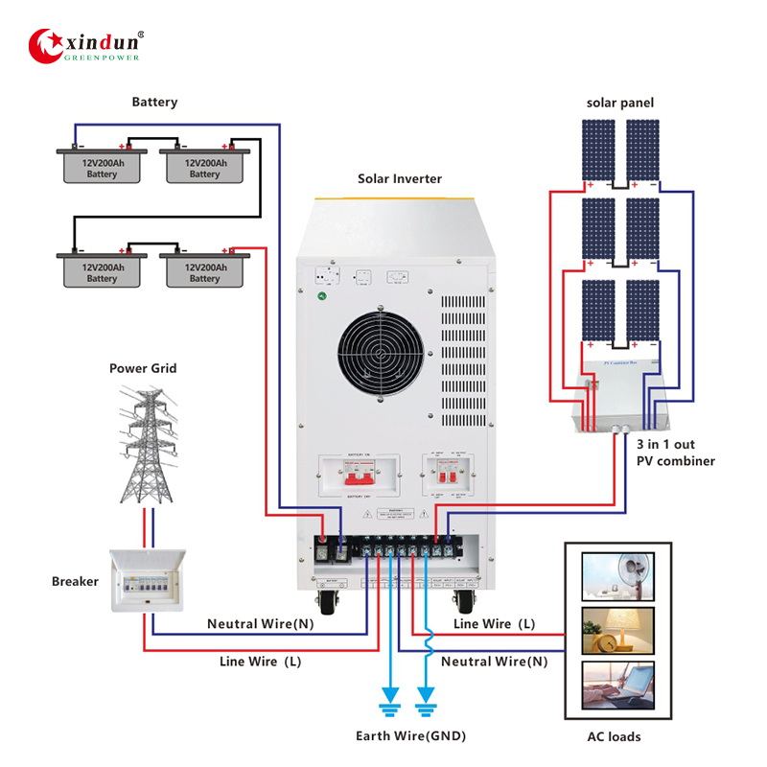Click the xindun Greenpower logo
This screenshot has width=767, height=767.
pyautogui.click(x=87, y=44)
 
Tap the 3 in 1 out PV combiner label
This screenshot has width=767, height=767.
pyautogui.click(x=675, y=453)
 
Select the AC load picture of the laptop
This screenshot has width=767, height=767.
pyautogui.click(x=618, y=686)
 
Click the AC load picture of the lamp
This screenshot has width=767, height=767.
pyautogui.click(x=618, y=630)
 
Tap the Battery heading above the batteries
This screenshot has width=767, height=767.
pyautogui.click(x=154, y=102)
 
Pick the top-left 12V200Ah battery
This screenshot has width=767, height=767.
pyautogui.click(x=102, y=165)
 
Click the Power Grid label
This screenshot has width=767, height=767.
pyautogui.click(x=143, y=368)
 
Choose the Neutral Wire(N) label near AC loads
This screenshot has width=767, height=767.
pyautogui.click(x=494, y=662)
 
